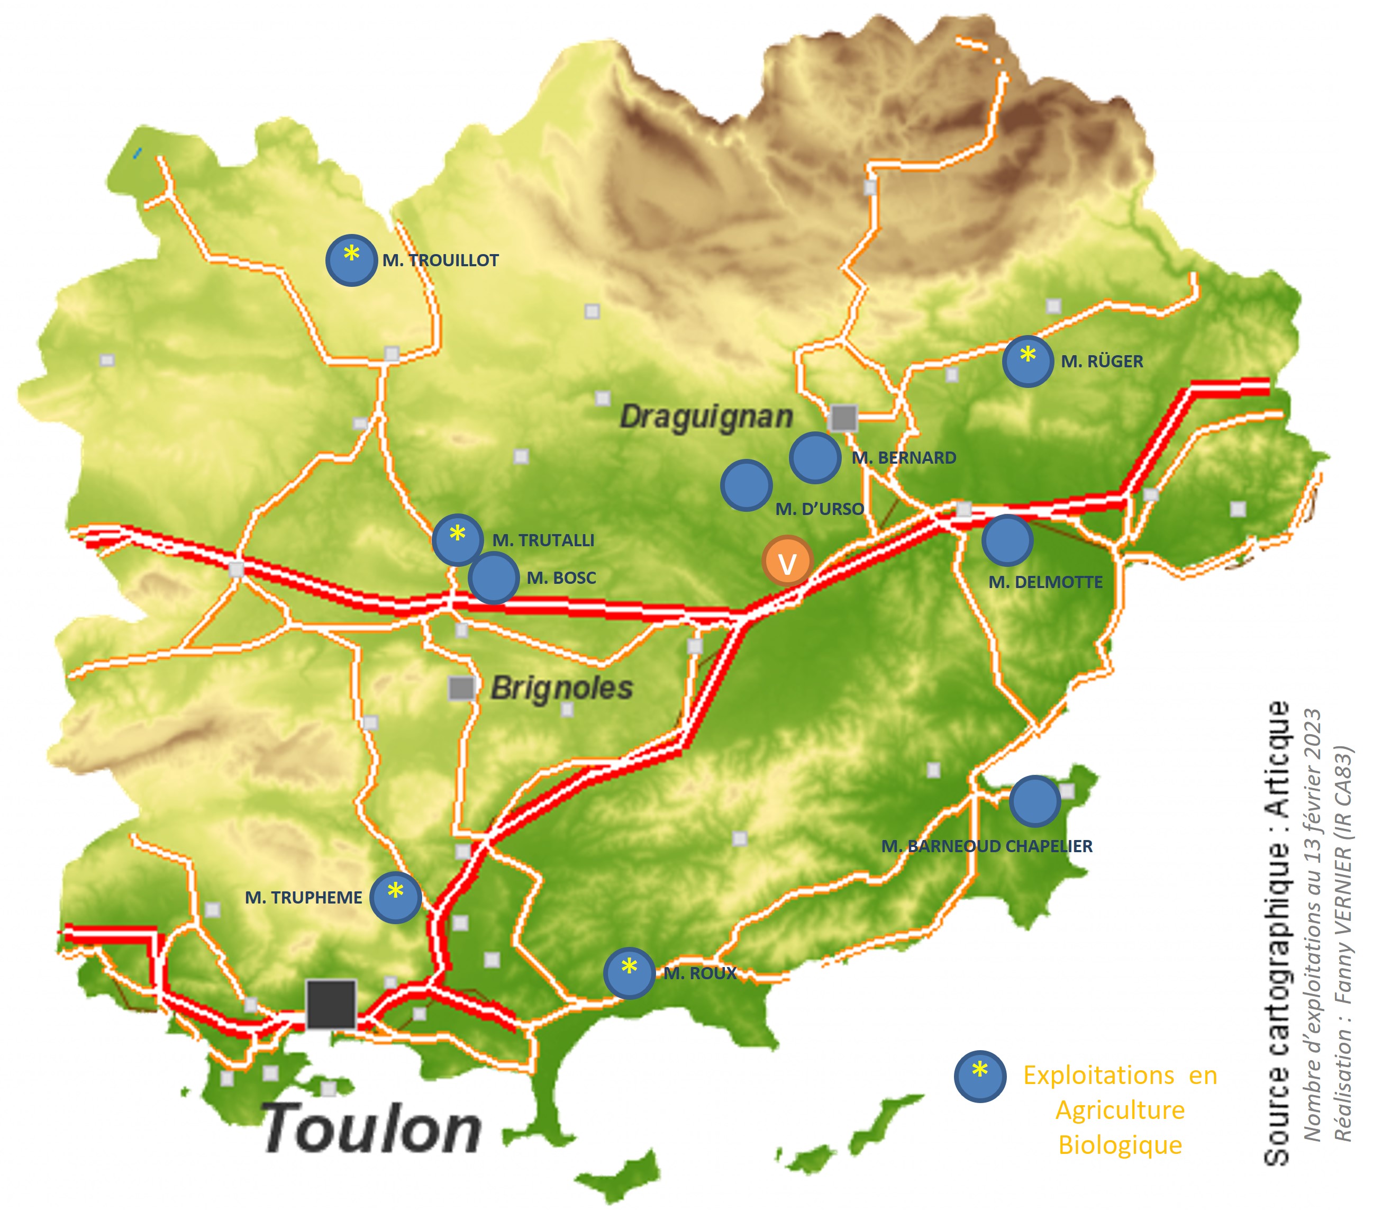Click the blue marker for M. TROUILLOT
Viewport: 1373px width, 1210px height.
[x=351, y=260]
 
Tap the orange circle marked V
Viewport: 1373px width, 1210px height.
[x=787, y=561]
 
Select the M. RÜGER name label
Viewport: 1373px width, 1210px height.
[x=1102, y=362]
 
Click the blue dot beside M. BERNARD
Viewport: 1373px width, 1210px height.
[x=815, y=457]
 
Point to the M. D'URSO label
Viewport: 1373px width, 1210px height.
[x=820, y=509]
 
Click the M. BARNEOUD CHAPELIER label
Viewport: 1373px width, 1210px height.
[x=987, y=846]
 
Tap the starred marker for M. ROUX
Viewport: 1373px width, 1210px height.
[x=629, y=973]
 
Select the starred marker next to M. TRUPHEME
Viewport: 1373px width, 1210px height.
[x=396, y=897]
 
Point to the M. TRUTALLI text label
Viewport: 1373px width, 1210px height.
[x=543, y=540]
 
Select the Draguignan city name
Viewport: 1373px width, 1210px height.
[x=706, y=417]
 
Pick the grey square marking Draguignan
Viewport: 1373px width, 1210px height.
[x=844, y=418]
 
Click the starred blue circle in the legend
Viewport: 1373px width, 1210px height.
[x=980, y=1076]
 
